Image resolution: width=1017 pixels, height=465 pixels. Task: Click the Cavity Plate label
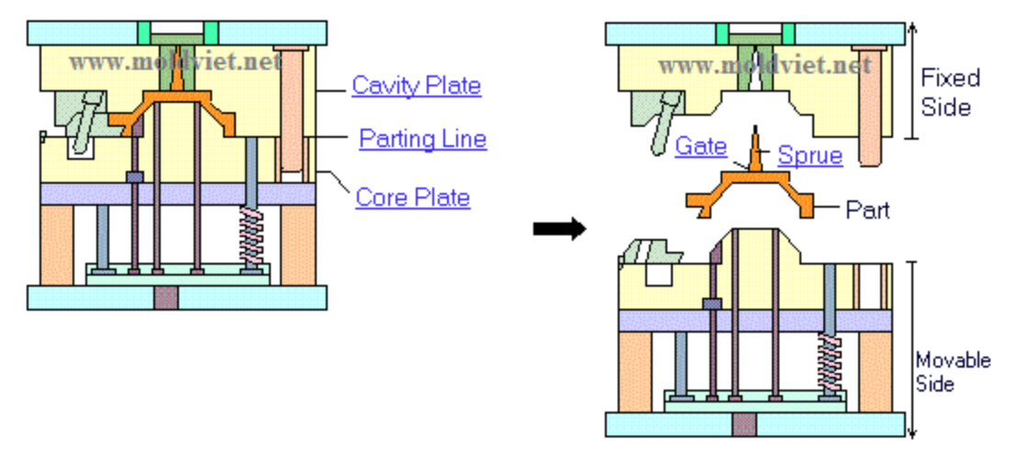pos(416,85)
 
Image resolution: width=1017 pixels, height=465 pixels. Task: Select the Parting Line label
pos(422,139)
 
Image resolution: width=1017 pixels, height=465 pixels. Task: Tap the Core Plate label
pos(413,197)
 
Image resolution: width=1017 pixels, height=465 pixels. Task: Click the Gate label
pos(700,146)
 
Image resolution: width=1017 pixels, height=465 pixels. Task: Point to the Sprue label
pos(810,155)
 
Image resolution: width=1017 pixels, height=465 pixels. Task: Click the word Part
pos(867,210)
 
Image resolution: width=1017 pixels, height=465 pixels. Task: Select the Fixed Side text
pos(950,92)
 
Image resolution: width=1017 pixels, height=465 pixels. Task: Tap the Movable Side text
pos(953,370)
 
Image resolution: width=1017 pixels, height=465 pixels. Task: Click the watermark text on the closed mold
pos(174,63)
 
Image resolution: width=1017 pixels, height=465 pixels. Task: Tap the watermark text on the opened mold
pos(764,65)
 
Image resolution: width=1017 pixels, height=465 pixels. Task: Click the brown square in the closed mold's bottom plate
pos(166,297)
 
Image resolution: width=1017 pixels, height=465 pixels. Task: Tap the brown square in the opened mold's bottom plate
pos(744,424)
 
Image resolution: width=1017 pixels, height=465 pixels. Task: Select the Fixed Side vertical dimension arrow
pos(911,81)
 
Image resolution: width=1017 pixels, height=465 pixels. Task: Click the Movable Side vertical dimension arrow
pos(911,349)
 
